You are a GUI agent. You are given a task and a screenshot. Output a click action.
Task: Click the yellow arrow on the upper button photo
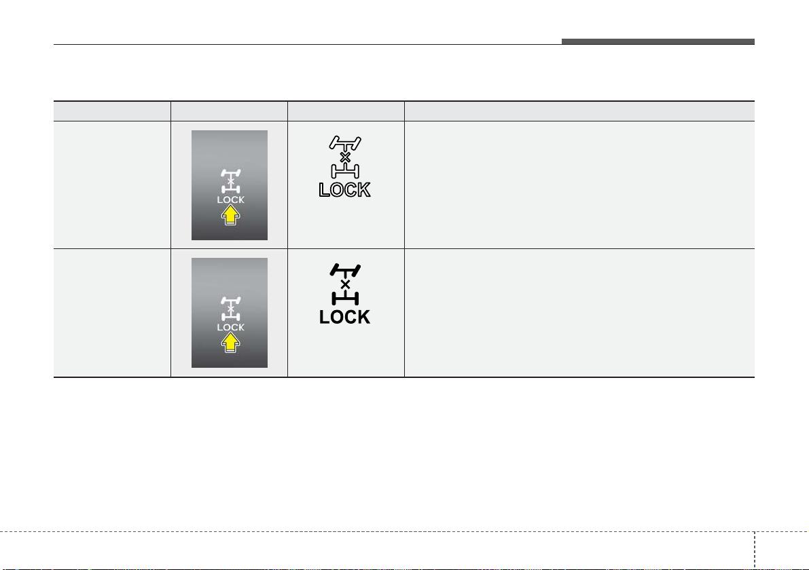(231, 215)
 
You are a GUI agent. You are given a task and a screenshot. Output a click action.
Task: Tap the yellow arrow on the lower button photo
(231, 343)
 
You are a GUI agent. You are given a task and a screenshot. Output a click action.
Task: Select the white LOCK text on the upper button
(231, 199)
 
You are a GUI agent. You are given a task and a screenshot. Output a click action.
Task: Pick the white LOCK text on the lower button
(231, 327)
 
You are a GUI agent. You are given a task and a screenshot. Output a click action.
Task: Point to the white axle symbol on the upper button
(231, 181)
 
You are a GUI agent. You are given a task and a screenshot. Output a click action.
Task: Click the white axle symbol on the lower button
(231, 309)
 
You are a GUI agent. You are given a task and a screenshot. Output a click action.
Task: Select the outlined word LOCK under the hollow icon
(344, 189)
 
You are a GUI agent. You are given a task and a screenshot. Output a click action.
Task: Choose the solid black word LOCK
(344, 317)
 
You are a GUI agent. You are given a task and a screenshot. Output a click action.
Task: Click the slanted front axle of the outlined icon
(345, 142)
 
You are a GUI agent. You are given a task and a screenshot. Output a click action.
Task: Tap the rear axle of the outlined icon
(345, 171)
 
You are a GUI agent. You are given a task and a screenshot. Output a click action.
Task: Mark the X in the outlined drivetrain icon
(345, 157)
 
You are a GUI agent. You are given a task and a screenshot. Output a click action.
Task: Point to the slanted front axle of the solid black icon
(345, 270)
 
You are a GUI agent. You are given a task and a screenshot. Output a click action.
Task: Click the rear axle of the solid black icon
(345, 299)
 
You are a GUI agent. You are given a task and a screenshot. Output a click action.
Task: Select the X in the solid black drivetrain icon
(345, 284)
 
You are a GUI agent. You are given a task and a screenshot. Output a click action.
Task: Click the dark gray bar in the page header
(658, 42)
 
